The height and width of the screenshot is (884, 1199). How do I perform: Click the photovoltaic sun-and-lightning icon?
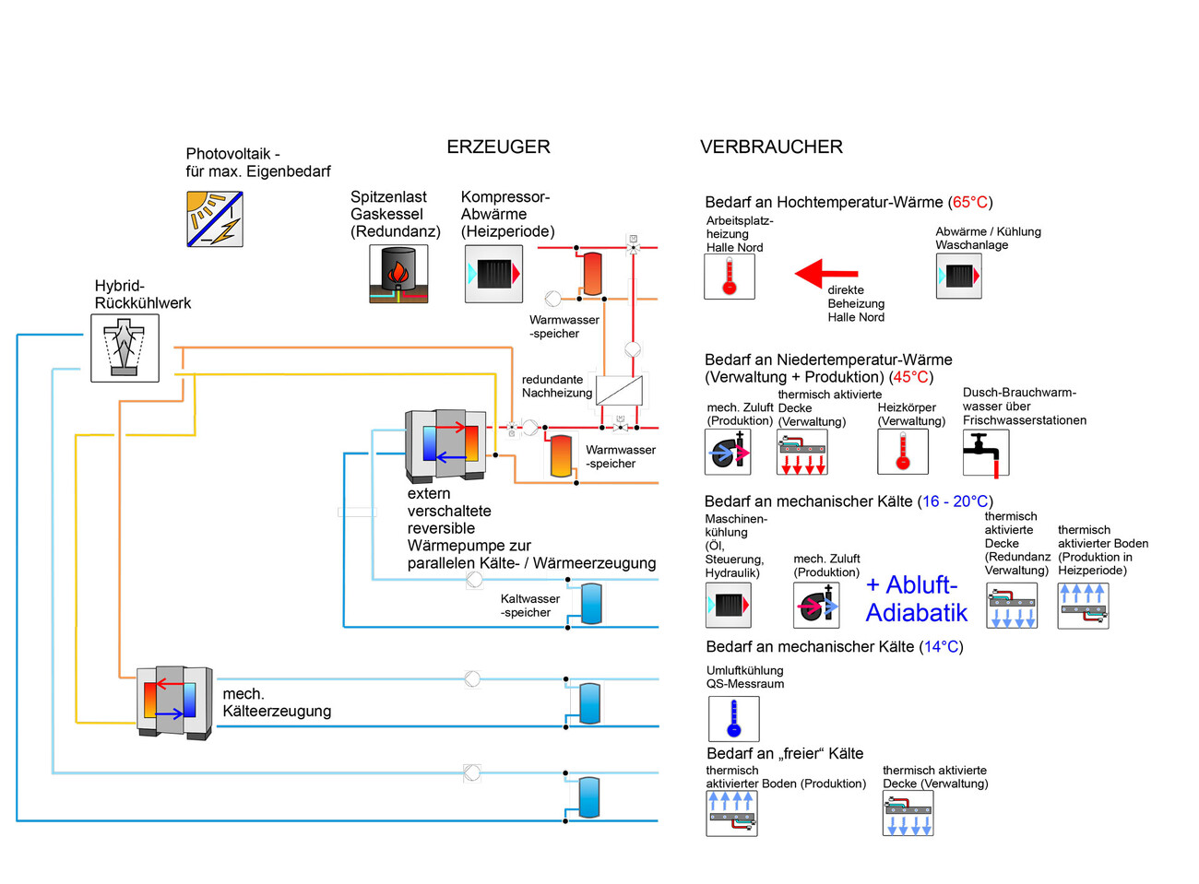(x=215, y=219)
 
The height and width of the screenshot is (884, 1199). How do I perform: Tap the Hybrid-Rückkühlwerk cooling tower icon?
(x=125, y=348)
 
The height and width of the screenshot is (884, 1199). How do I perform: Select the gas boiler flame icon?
(x=398, y=274)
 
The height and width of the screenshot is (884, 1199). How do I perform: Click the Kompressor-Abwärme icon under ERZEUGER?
(x=493, y=274)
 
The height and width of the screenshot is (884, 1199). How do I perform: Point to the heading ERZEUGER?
(x=498, y=147)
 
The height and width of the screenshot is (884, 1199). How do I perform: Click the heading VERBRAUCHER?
(x=771, y=147)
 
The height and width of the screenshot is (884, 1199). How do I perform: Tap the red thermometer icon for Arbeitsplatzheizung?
(x=730, y=277)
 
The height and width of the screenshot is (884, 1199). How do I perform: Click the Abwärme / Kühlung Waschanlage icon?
(x=958, y=276)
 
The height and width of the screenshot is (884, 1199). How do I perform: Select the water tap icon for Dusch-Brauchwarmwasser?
(x=985, y=453)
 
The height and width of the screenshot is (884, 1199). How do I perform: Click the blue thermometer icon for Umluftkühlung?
(x=733, y=718)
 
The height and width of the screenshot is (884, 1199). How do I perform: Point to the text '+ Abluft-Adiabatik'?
(x=917, y=599)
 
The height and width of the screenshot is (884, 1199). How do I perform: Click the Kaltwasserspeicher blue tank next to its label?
(x=591, y=604)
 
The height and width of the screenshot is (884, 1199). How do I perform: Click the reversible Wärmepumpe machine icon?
(x=446, y=444)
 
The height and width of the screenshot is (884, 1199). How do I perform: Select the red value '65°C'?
(x=969, y=202)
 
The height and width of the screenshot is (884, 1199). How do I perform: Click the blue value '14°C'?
(x=941, y=647)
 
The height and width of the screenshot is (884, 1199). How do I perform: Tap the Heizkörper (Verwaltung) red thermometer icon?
(x=902, y=452)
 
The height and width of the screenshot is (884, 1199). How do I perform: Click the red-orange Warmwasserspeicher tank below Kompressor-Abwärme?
(x=591, y=273)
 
